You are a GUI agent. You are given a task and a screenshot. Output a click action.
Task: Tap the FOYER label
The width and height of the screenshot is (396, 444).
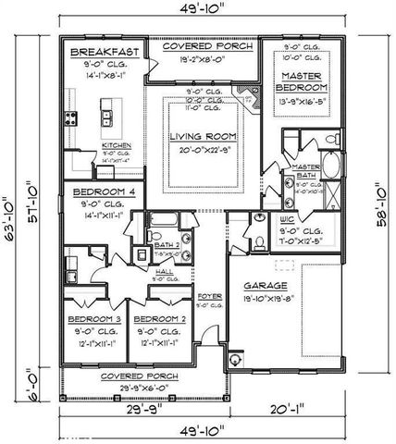[210, 297]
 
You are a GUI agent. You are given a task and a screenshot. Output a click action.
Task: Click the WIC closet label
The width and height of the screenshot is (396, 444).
[286, 219]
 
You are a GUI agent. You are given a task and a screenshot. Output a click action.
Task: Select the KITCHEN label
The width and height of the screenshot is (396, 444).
[117, 145]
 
